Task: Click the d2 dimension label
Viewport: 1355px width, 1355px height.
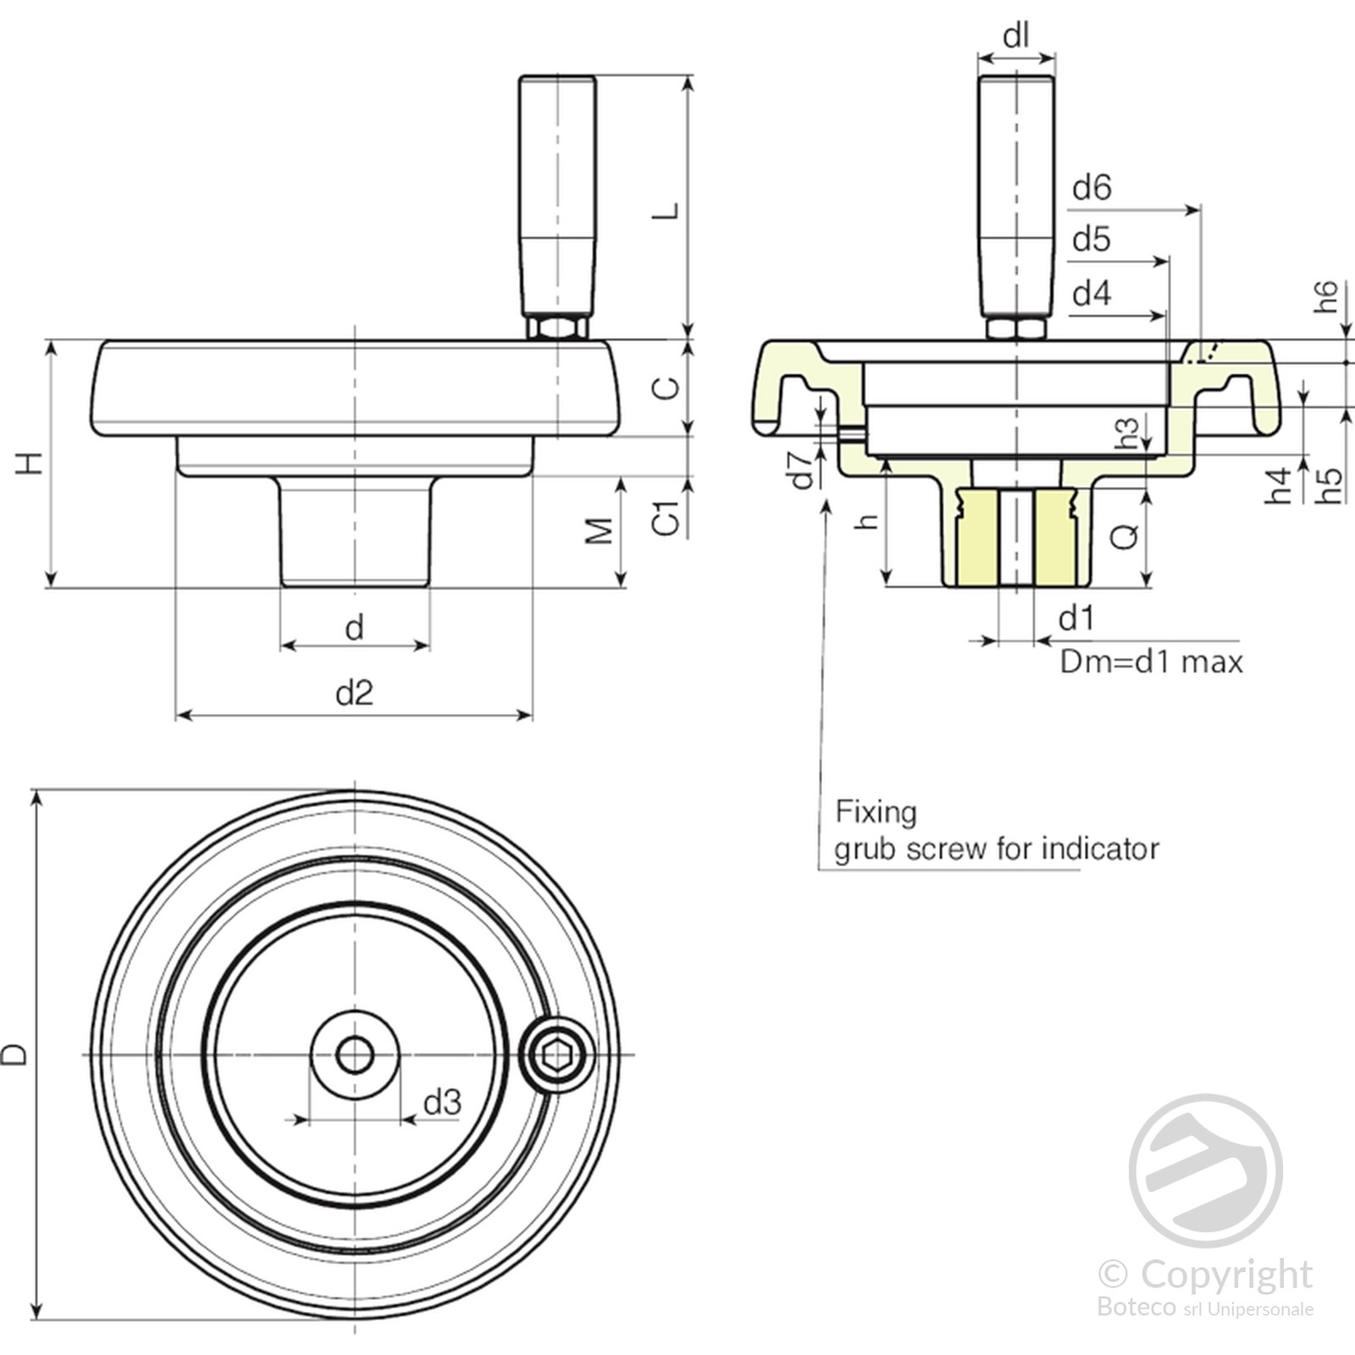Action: click(x=354, y=694)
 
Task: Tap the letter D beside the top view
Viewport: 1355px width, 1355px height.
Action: click(x=15, y=1054)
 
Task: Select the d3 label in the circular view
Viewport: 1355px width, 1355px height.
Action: click(x=442, y=1103)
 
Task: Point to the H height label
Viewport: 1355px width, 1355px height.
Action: click(x=29, y=463)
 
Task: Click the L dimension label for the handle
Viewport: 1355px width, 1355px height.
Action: click(x=666, y=211)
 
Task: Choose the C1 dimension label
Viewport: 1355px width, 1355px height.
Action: click(x=666, y=517)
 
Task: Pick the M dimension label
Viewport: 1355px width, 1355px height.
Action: click(x=600, y=531)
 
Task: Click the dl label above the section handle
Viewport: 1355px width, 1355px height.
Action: click(x=1015, y=36)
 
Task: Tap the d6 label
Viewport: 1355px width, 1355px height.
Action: click(x=1092, y=188)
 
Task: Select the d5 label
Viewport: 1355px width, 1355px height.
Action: click(x=1092, y=241)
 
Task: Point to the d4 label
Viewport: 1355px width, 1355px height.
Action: click(x=1092, y=294)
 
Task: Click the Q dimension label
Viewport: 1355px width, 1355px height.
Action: click(x=1125, y=536)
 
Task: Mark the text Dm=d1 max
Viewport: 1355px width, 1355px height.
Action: click(x=1152, y=661)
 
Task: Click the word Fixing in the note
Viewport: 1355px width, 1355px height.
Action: click(x=876, y=812)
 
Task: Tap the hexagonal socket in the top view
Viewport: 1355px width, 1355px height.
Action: click(x=556, y=1055)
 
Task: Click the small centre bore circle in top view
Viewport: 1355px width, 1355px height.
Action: click(x=354, y=1055)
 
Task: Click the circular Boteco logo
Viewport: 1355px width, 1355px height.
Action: click(x=1205, y=1170)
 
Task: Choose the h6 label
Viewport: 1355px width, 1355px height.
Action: click(x=1326, y=296)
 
